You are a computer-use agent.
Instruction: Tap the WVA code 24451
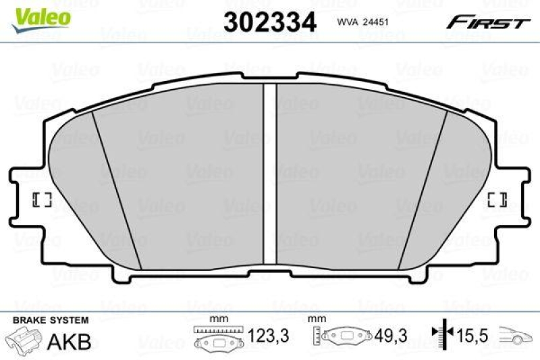pyautogui.click(x=364, y=22)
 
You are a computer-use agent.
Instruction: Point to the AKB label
pyautogui.click(x=69, y=341)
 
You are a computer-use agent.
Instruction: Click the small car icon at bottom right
pyautogui.click(x=516, y=335)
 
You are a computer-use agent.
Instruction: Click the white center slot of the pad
pyautogui.click(x=270, y=176)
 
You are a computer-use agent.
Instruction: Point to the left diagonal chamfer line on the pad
pyautogui.click(x=116, y=189)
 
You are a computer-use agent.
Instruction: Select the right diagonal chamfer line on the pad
pyautogui.click(x=423, y=189)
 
